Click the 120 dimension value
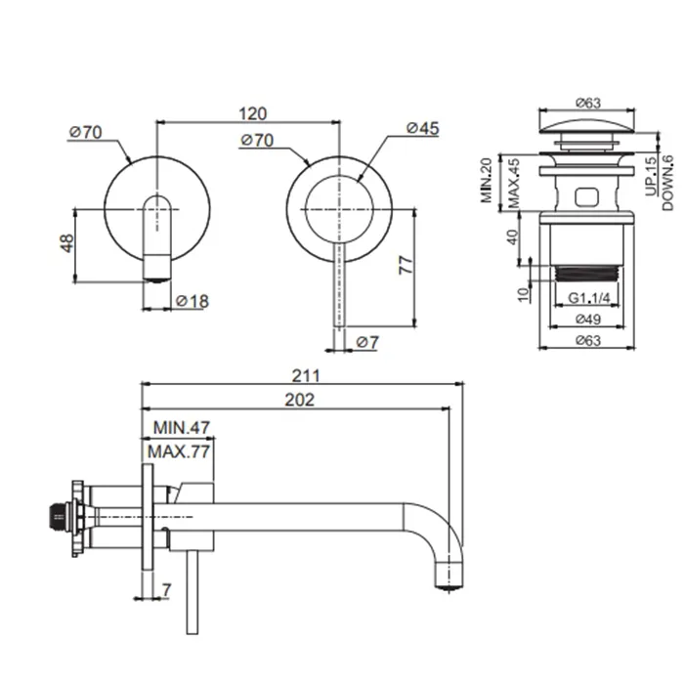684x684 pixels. tap(252, 114)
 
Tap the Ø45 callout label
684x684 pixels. tap(423, 128)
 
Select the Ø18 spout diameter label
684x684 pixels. tap(192, 301)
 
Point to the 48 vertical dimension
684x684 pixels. tap(66, 243)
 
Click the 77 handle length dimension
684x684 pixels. tap(406, 265)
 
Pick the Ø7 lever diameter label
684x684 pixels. tap(367, 342)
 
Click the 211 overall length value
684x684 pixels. tap(306, 375)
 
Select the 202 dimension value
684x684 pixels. tap(300, 400)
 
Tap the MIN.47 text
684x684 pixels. tap(182, 428)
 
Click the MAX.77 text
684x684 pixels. tap(179, 451)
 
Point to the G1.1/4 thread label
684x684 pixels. tap(589, 298)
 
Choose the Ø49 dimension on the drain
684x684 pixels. tap(588, 320)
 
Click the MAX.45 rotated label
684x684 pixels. tap(514, 184)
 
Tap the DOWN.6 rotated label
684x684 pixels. tap(667, 184)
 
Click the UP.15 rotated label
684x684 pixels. tap(651, 176)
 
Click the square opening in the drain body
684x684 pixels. tap(586, 196)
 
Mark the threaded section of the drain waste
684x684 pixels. tap(586, 274)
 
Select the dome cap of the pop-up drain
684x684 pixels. tap(587, 126)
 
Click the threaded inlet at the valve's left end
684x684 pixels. tap(57, 517)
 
